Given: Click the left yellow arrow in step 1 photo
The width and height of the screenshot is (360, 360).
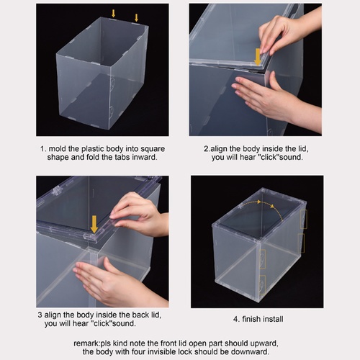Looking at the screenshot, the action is pyautogui.click(x=113, y=14).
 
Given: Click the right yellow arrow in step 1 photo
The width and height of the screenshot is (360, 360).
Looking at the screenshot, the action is pyautogui.click(x=136, y=18).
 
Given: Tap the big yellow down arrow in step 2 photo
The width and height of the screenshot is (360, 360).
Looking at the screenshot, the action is pyautogui.click(x=258, y=57).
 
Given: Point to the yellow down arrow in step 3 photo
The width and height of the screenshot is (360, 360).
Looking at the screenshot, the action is pyautogui.click(x=94, y=224).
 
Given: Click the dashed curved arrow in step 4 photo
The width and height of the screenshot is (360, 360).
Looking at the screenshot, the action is pyautogui.click(x=263, y=203).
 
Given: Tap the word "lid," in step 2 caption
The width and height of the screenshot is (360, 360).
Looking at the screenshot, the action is pyautogui.click(x=303, y=149).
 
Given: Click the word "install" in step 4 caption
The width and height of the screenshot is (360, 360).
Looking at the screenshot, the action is pyautogui.click(x=273, y=319).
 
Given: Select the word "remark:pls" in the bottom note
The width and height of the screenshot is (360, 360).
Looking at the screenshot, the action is pyautogui.click(x=92, y=343).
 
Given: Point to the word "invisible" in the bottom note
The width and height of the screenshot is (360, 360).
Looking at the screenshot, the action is pyautogui.click(x=163, y=352).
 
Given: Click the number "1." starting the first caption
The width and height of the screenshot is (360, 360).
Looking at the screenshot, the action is pyautogui.click(x=43, y=149).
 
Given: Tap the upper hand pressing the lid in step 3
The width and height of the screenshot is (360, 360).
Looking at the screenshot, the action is pyautogui.click(x=139, y=214).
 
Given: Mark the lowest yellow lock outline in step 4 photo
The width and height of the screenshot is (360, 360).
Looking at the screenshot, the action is pyautogui.click(x=263, y=285).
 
